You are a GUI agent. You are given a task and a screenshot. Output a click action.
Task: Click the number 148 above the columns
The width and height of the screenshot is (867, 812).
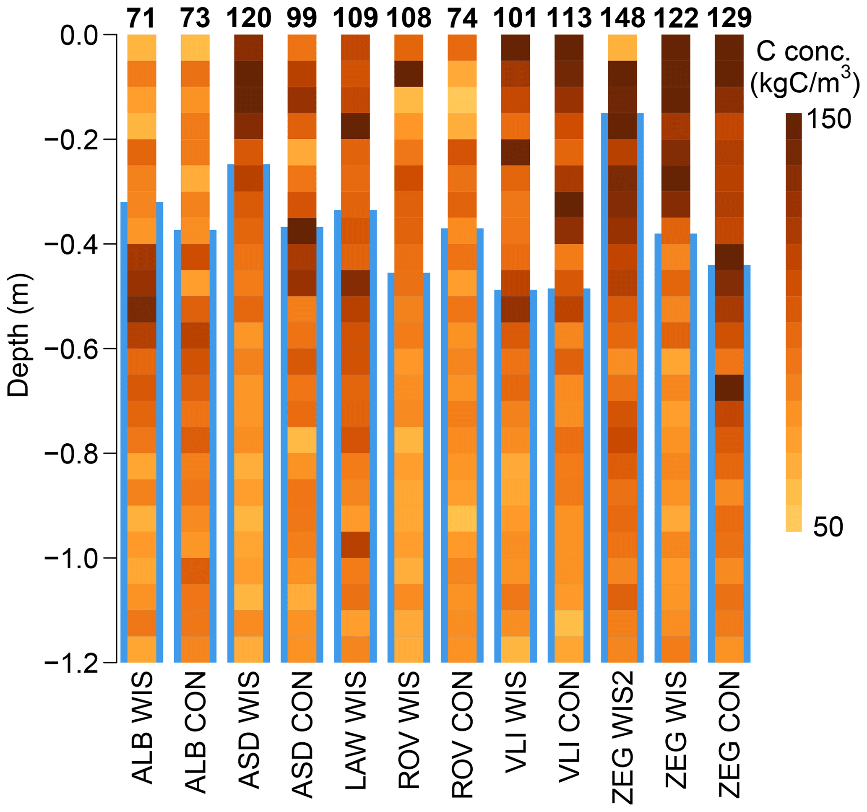(x=622, y=18)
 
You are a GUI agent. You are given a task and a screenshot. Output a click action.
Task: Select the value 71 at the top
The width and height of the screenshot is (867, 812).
(x=141, y=18)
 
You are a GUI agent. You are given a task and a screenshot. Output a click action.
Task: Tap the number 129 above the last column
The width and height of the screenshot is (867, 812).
(x=729, y=18)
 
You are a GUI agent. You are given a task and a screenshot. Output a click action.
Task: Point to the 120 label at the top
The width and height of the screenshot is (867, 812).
(x=249, y=18)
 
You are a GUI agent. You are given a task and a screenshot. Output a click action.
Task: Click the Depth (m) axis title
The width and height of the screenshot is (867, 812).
(x=18, y=335)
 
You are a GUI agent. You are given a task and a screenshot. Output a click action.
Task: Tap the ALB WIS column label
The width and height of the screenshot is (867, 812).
(x=142, y=728)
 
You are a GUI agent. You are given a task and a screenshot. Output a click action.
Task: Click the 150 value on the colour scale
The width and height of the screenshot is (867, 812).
(x=829, y=119)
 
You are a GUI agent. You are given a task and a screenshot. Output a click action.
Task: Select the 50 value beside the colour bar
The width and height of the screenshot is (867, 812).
(x=828, y=527)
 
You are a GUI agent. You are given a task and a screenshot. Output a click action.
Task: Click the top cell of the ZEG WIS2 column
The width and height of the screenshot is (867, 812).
(x=622, y=47)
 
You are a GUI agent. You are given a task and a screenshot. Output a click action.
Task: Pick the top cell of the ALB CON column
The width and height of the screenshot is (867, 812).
(x=195, y=47)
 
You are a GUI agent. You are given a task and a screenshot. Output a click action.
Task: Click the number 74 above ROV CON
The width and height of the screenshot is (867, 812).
(x=462, y=18)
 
